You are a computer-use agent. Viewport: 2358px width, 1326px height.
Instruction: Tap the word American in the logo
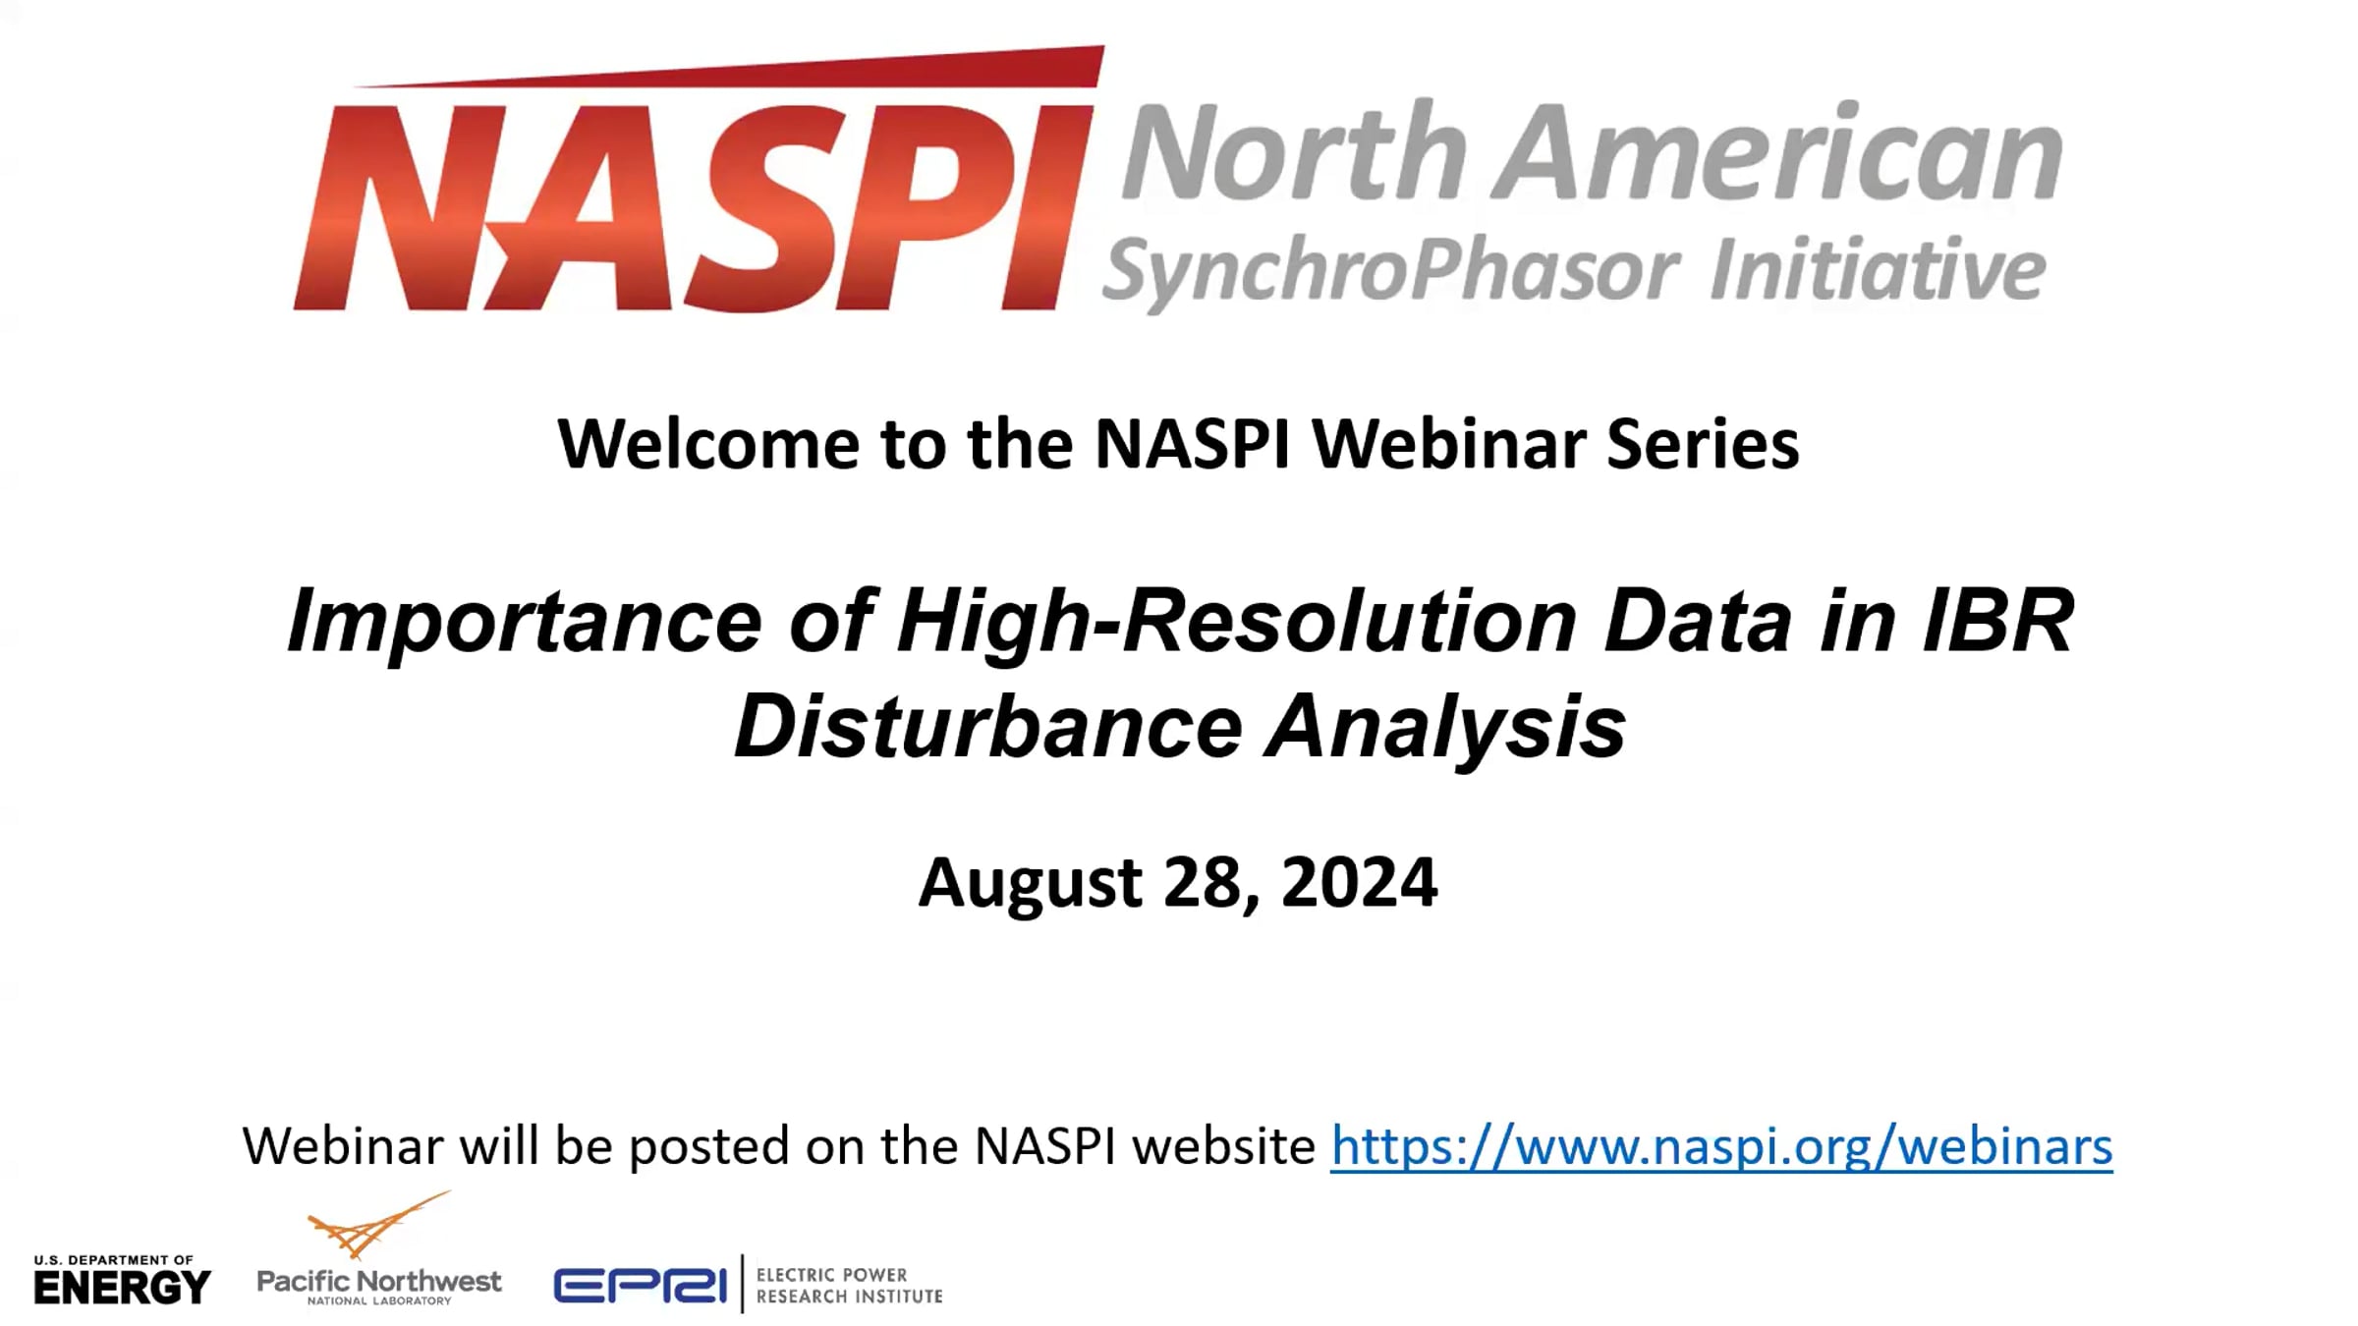1779,152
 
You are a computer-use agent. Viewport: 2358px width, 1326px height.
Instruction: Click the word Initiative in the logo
1878,267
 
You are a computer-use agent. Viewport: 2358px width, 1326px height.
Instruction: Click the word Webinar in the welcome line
1449,444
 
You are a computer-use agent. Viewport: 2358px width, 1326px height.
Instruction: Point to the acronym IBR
1998,621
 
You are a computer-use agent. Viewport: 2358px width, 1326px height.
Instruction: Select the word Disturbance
988,726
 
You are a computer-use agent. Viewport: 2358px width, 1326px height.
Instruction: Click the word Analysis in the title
1445,728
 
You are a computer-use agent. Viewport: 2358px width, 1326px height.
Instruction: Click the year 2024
1360,881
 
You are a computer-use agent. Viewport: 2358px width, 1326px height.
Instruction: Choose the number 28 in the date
1211,883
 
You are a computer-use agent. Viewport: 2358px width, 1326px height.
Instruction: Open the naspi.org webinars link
1722,1146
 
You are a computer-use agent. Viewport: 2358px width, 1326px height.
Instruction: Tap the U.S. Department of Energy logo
122,1280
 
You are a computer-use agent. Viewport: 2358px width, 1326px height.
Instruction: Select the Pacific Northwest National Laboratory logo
379,1249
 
